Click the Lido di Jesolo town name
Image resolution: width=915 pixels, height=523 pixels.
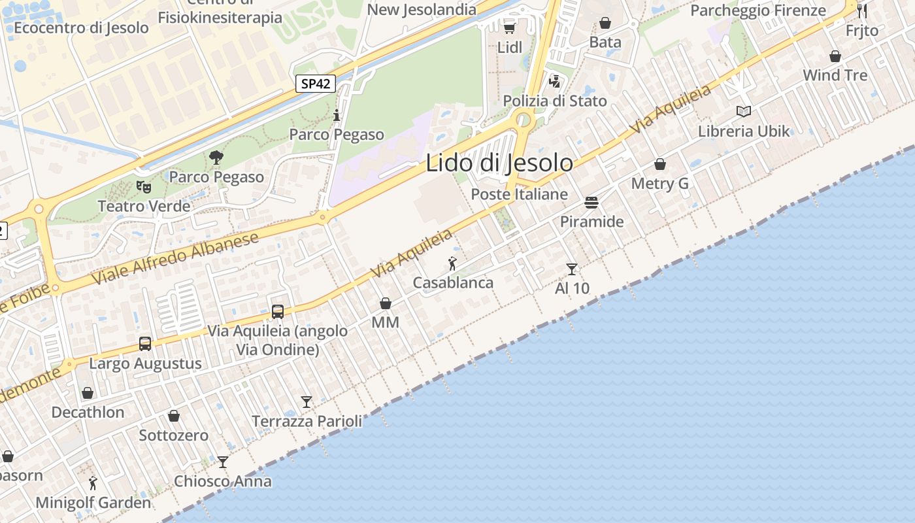[499, 163]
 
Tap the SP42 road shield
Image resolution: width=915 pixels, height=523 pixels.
[316, 84]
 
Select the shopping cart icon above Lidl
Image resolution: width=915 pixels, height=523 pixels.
[510, 27]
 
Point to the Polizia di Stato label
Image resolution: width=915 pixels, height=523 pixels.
[554, 101]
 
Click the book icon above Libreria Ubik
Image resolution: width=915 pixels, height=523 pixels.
[744, 111]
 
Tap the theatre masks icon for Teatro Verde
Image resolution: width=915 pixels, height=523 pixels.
[144, 187]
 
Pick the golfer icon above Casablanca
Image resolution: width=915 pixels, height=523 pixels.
[452, 263]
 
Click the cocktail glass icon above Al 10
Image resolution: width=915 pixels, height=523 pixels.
[572, 269]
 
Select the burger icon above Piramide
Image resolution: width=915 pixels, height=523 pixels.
[591, 203]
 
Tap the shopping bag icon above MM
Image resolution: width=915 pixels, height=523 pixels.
[386, 303]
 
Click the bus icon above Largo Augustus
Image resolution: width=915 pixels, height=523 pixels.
[145, 344]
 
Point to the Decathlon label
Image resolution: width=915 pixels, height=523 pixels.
[88, 413]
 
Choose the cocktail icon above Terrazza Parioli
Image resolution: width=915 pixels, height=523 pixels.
[307, 401]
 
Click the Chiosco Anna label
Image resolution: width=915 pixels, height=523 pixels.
[222, 482]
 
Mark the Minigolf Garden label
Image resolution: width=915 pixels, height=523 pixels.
[93, 503]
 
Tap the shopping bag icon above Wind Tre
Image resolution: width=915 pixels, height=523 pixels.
[835, 56]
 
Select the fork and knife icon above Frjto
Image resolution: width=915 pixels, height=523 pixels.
[862, 11]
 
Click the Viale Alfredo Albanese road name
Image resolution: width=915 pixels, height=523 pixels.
[175, 260]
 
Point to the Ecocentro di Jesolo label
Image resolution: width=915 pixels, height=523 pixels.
[81, 28]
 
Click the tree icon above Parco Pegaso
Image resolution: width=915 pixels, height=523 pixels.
[216, 158]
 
